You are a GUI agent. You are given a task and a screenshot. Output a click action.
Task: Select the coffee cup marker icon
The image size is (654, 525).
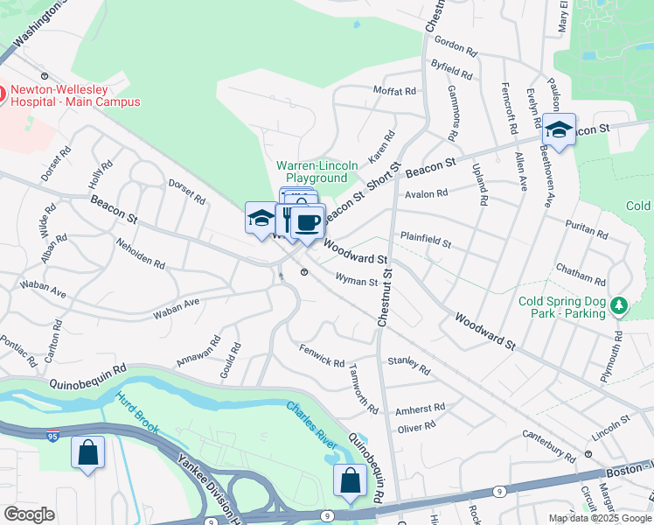tap(306, 221)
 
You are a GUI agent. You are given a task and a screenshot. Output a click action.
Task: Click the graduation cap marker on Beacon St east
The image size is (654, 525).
tap(559, 131)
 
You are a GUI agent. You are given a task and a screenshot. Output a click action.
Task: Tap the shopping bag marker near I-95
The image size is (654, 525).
tap(87, 453)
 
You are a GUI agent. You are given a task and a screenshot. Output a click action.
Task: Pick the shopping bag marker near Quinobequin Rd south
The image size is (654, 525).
tap(350, 480)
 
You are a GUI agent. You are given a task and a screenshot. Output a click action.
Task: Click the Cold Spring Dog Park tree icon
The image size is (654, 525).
tap(620, 305)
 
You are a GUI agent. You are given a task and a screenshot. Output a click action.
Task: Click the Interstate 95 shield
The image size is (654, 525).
tap(54, 435)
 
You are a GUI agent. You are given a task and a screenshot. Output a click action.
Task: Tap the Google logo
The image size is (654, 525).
tap(29, 514)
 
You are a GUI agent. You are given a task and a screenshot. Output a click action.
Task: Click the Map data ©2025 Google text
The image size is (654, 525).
tap(599, 518)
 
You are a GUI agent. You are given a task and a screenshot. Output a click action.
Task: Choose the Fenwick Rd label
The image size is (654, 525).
tap(322, 360)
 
